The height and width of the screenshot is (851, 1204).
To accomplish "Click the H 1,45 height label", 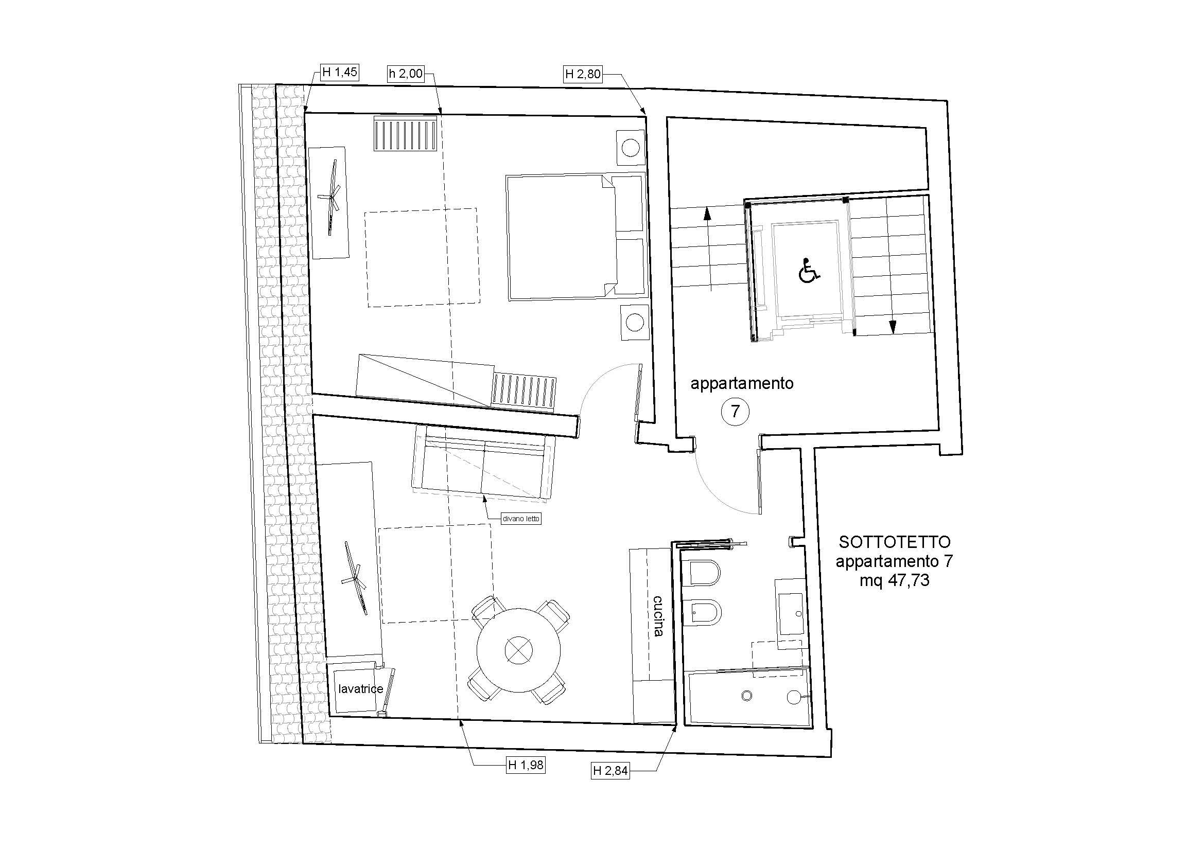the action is [339, 72].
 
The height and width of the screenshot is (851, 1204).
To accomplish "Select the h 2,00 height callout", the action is [405, 74].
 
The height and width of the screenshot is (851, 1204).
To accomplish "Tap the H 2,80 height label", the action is [583, 75].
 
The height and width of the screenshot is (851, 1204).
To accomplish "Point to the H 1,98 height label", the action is [526, 766].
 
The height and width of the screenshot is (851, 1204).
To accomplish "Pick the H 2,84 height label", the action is [610, 771].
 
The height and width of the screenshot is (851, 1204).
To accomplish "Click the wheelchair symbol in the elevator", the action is [809, 272].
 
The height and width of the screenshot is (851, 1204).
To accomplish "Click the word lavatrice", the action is [361, 689].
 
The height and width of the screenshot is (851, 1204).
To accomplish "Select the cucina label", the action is [659, 616].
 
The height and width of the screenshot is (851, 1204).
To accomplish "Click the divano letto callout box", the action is [521, 519].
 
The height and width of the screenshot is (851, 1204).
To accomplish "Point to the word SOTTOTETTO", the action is [887, 541].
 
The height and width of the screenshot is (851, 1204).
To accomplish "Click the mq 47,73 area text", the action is [894, 580].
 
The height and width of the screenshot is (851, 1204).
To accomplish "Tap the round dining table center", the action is [519, 650].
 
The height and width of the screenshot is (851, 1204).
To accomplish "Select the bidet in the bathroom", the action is [705, 613].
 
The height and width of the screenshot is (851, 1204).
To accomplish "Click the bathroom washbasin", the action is [790, 615].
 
